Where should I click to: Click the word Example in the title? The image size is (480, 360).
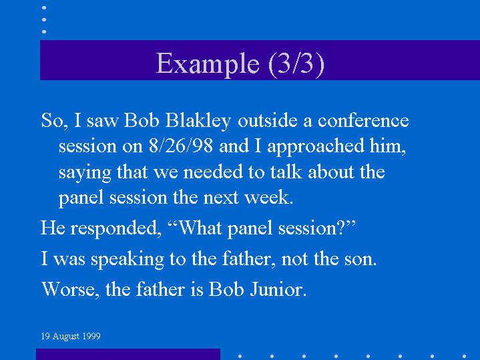[x=208, y=64]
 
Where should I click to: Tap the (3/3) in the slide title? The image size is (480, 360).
[x=296, y=64]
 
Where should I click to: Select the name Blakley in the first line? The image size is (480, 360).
[x=198, y=121]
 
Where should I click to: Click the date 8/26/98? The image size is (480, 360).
[x=181, y=146]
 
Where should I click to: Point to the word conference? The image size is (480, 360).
[x=363, y=120]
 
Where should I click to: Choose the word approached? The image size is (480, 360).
[x=316, y=147]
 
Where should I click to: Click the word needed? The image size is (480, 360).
[x=213, y=172]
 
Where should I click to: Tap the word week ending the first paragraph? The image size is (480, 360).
[x=269, y=198]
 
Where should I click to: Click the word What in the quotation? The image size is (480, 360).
[x=200, y=228]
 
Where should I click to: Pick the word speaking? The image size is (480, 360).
[x=128, y=260]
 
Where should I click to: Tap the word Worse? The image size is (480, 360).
[x=70, y=289]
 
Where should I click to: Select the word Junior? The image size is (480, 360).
[x=278, y=289]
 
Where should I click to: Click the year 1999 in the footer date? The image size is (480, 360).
[x=91, y=337]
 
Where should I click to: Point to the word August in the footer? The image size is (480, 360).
[x=66, y=337]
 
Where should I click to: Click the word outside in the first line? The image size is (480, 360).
[x=268, y=120]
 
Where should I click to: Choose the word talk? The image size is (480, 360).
[x=286, y=172]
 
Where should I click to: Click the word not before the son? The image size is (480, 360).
[x=294, y=259]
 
